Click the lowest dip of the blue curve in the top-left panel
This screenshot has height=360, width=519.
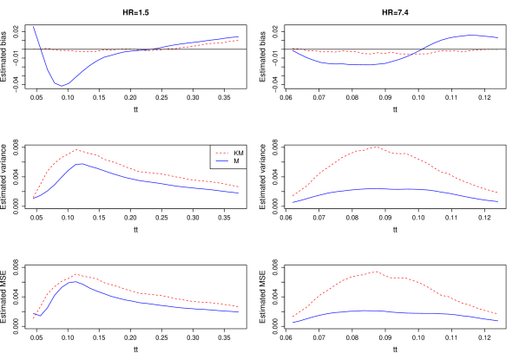60,85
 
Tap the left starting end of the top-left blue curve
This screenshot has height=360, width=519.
33,26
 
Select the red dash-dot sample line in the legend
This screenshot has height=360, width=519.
222,153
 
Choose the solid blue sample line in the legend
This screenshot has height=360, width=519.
222,160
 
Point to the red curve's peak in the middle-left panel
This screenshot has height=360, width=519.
76,149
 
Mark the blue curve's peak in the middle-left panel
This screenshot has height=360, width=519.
80,163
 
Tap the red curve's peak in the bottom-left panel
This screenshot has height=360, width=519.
76,274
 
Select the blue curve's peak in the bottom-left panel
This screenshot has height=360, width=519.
75,281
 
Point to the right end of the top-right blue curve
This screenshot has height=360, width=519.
497,37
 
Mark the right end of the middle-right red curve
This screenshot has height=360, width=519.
497,192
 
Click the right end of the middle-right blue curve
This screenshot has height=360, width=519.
497,201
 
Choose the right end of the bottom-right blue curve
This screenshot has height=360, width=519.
497,320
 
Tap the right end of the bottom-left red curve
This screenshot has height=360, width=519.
239,306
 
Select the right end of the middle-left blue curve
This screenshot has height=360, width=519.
239,193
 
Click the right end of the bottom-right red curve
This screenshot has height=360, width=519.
497,313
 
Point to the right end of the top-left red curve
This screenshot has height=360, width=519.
239,40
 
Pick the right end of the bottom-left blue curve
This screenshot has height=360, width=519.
239,311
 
